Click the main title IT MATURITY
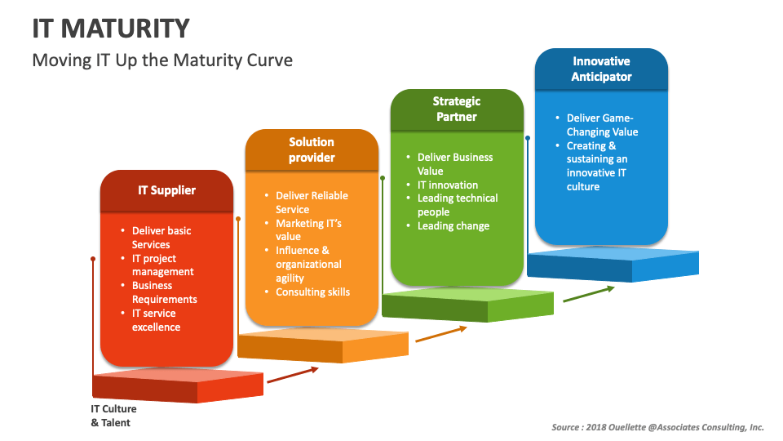tap(110, 28)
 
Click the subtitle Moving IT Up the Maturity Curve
tap(161, 60)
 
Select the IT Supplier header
tap(166, 190)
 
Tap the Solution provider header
tap(312, 149)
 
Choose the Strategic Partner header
tap(456, 109)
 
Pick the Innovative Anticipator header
tap(601, 69)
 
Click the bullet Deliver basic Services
tap(161, 238)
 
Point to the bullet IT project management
tap(162, 265)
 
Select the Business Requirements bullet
tap(164, 292)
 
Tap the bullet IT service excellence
tap(156, 320)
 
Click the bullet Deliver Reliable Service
tap(311, 203)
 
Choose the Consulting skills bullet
tap(312, 292)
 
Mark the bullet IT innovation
tap(447, 185)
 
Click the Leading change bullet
tap(453, 225)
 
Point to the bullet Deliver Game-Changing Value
tap(602, 125)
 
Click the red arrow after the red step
tap(293, 374)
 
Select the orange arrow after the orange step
tap(441, 333)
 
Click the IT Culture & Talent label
tap(113, 416)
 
